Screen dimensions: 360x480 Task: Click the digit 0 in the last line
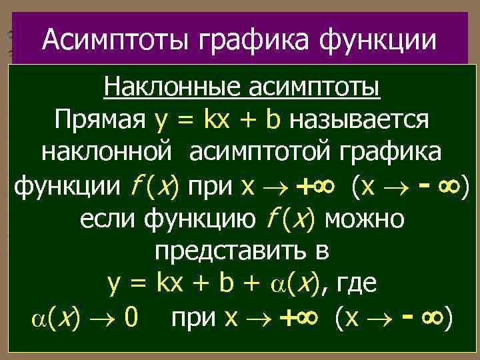(x=131, y=316)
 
